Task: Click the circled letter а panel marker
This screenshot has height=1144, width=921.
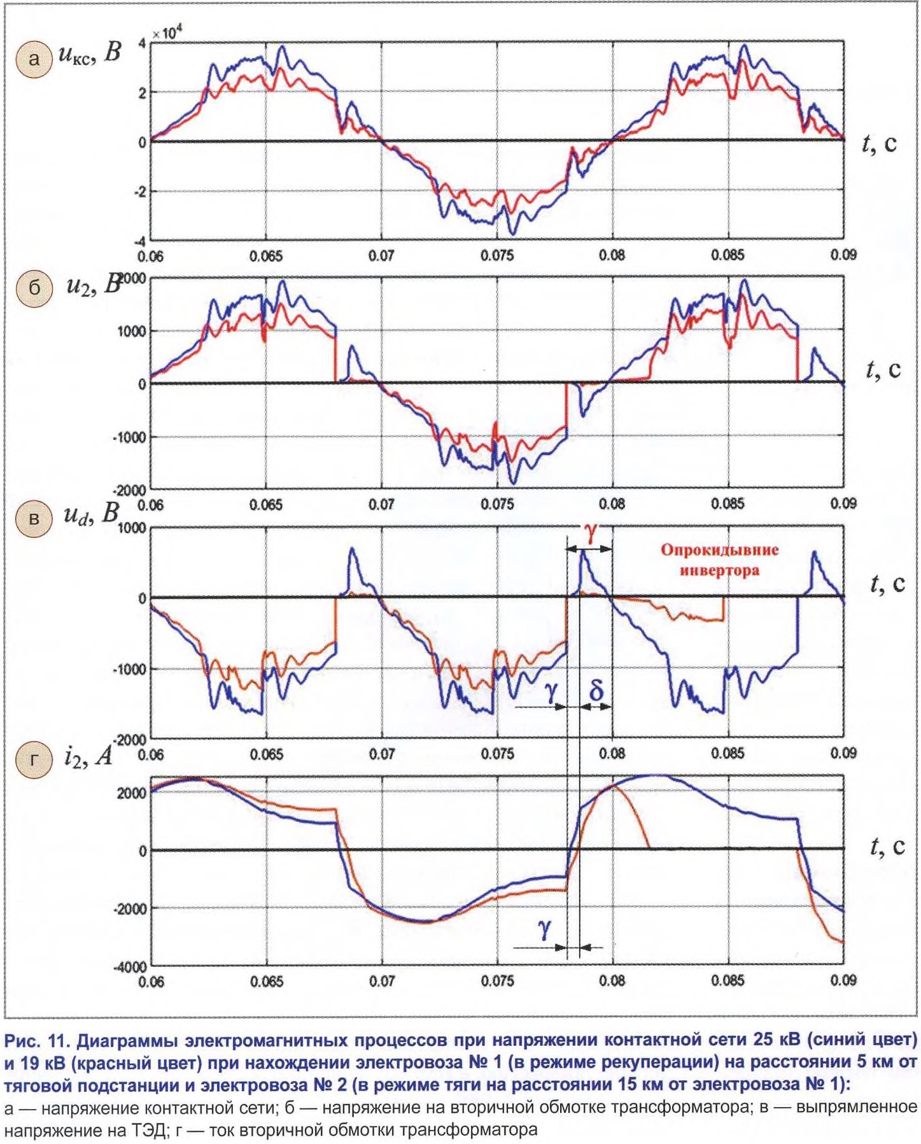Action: tap(34, 59)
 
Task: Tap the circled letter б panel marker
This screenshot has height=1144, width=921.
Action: tap(34, 288)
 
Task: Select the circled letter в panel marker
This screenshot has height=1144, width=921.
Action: tap(34, 518)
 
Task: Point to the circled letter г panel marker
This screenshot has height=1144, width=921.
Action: tap(34, 760)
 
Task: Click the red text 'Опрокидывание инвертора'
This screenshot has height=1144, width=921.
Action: tap(719, 560)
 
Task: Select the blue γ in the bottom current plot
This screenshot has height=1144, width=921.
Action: tap(545, 929)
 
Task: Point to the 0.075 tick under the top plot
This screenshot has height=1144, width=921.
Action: tap(497, 255)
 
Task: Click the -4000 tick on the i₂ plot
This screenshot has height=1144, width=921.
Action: tap(130, 966)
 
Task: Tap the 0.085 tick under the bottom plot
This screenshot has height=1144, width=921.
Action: tap(728, 980)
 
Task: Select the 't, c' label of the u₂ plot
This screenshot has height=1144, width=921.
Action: tap(883, 370)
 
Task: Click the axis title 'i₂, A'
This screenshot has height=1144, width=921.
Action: tap(87, 756)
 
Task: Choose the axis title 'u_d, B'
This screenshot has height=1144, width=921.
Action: tap(91, 514)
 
